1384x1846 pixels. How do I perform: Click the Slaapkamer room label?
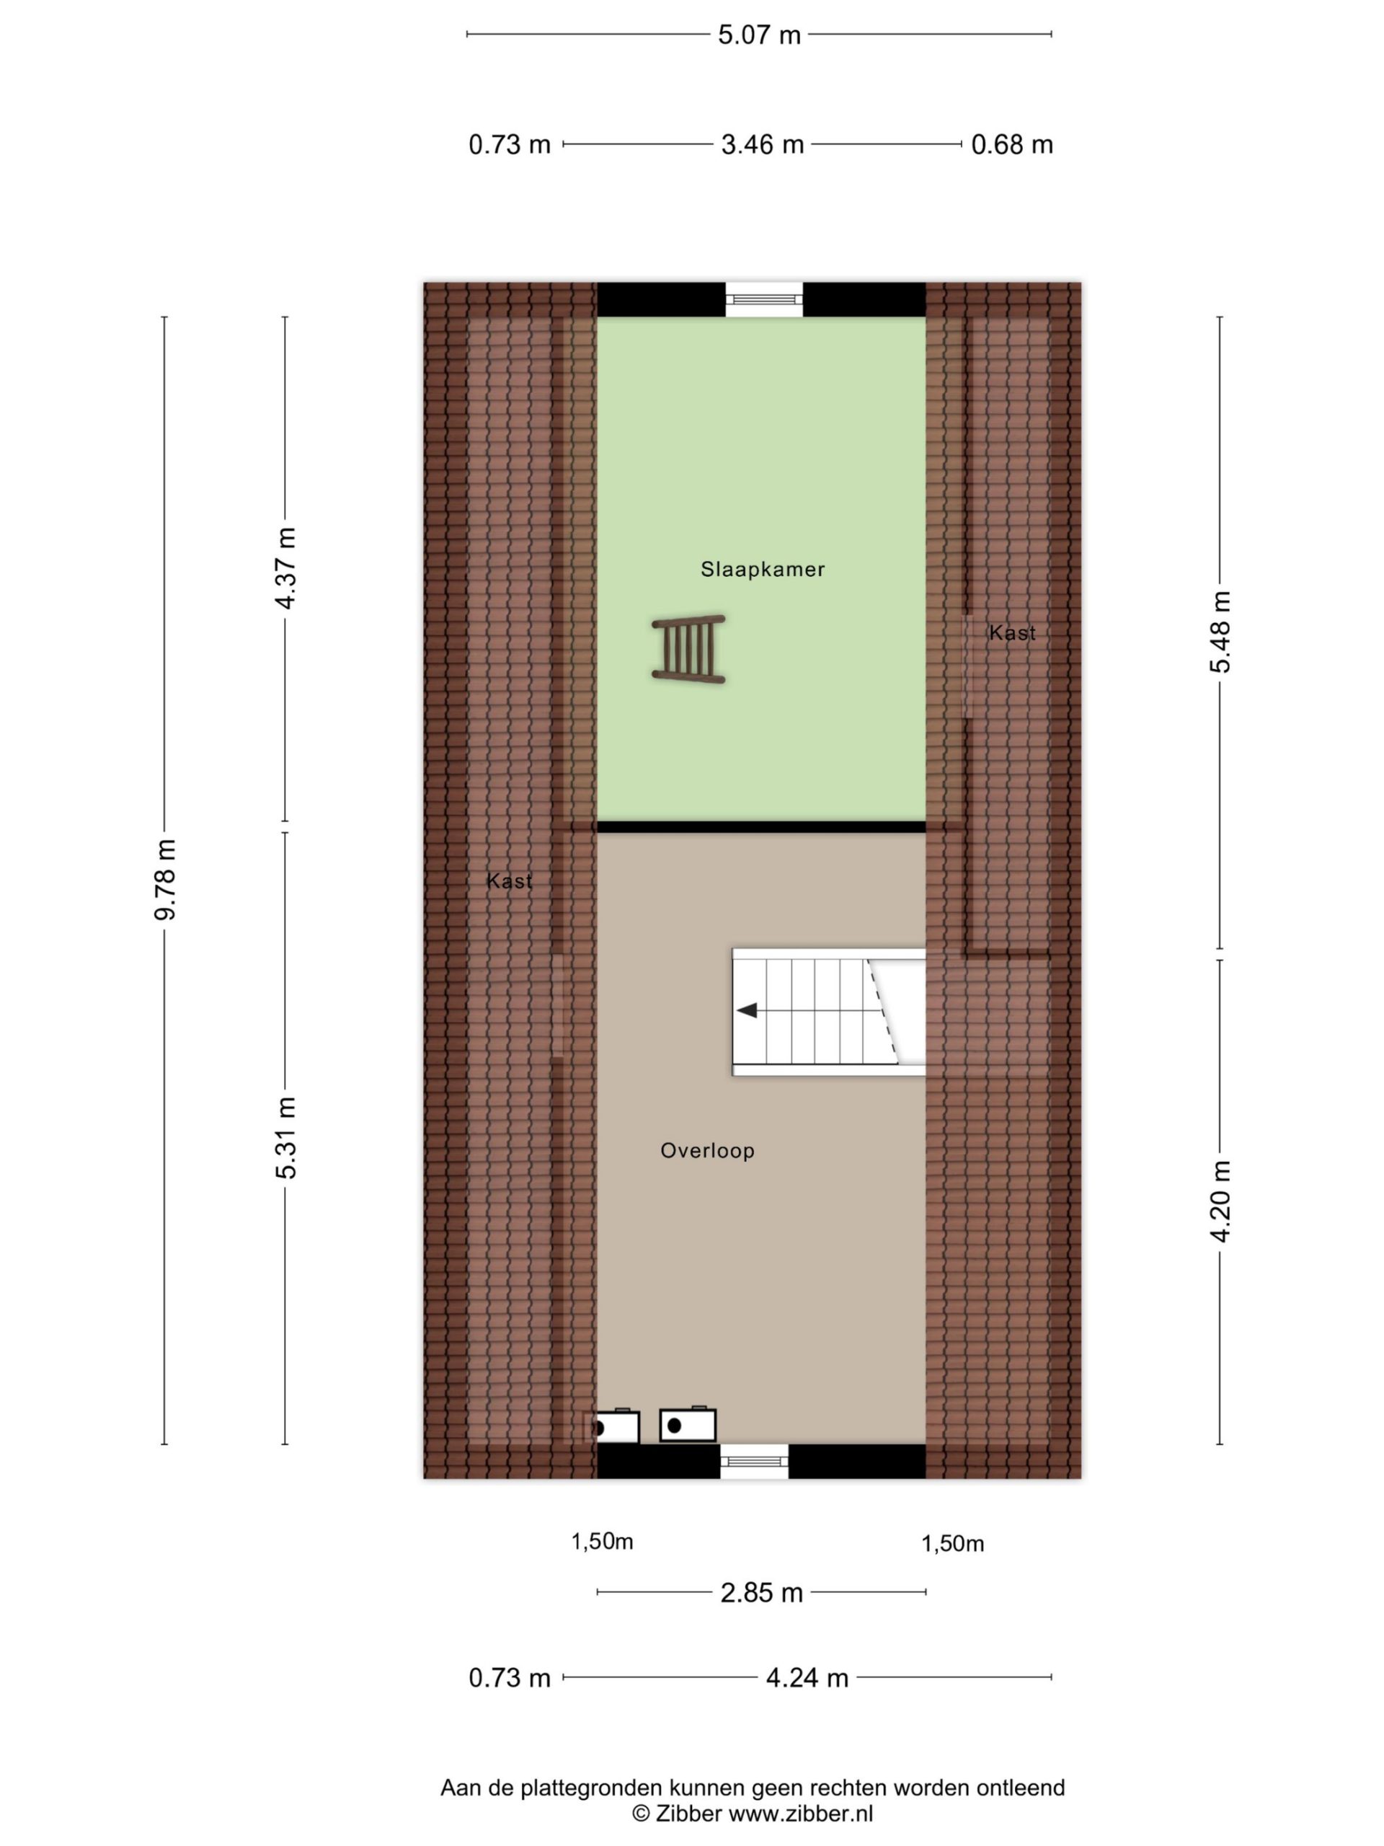click(763, 569)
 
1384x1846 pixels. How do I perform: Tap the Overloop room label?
click(707, 1151)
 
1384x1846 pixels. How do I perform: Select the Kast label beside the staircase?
click(509, 881)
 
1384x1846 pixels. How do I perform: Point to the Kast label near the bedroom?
click(1012, 633)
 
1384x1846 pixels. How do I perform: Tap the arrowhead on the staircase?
click(747, 1011)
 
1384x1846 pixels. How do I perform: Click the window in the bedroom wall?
click(763, 299)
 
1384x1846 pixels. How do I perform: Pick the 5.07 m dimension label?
click(759, 35)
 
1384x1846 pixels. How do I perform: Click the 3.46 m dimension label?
click(763, 145)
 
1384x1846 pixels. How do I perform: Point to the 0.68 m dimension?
click(1012, 145)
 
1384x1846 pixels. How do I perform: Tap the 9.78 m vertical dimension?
click(165, 880)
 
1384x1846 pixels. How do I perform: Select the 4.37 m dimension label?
click(285, 568)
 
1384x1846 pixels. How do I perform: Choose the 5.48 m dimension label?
click(1220, 632)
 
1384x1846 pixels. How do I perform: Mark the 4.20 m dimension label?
click(1220, 1202)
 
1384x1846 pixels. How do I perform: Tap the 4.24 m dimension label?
click(807, 1678)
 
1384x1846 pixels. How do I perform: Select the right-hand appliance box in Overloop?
click(688, 1426)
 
